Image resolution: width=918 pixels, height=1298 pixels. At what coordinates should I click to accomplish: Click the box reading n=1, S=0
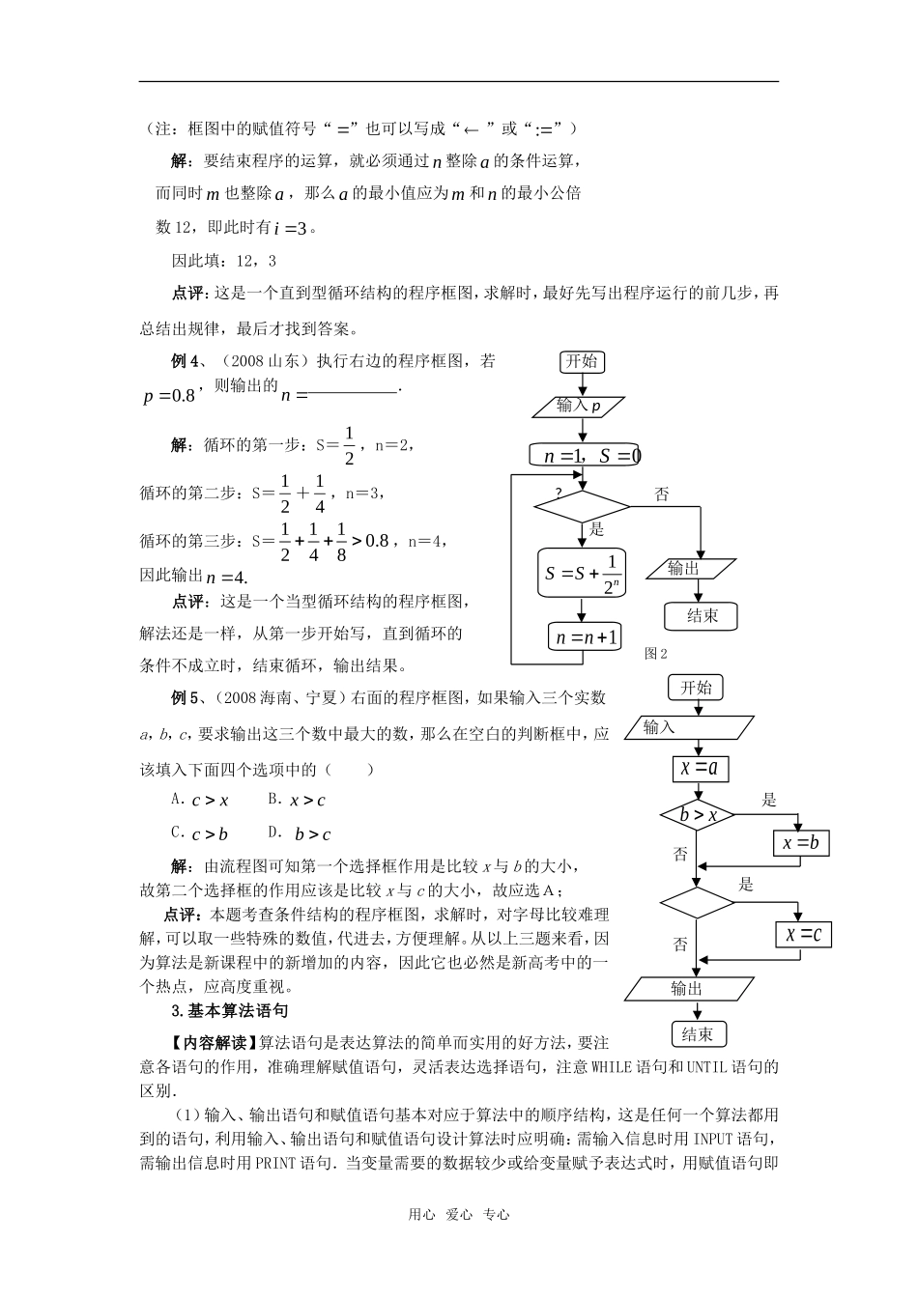584,455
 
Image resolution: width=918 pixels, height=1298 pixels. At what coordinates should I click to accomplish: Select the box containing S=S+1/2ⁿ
582,573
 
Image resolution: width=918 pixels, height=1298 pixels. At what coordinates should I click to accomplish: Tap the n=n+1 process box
585,637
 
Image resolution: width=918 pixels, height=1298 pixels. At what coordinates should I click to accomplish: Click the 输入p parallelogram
580,407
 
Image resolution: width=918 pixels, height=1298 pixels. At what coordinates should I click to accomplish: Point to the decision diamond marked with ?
582,506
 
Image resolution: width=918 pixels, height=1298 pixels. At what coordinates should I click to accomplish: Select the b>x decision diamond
698,815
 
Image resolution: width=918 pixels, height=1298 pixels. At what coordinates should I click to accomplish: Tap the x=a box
700,769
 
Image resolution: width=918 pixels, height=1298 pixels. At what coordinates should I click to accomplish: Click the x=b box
801,843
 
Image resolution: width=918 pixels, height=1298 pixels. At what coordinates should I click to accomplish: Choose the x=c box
803,934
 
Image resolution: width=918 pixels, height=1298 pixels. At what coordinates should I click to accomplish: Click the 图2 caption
656,654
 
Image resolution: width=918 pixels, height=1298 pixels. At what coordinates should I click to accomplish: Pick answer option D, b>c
301,833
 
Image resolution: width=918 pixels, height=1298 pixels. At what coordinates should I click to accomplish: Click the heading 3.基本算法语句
229,1011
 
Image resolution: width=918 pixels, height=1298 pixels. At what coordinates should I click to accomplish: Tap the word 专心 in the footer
496,1215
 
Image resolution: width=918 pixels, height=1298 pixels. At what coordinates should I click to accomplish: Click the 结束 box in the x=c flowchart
698,1034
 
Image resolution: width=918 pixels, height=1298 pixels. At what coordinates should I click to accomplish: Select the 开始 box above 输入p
582,362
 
